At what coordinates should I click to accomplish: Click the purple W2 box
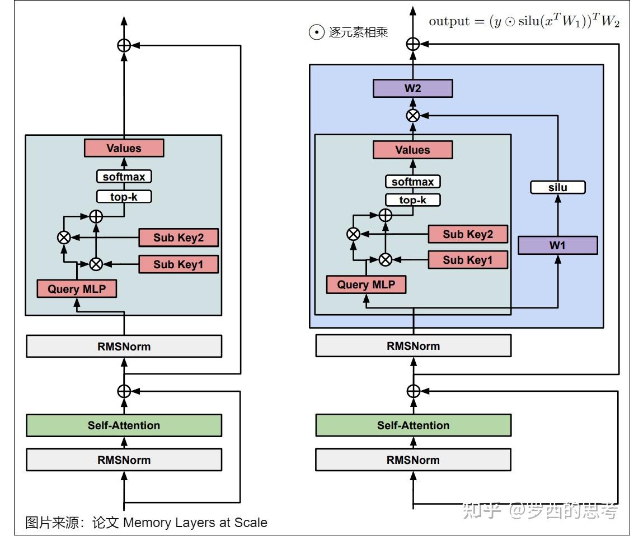pyautogui.click(x=412, y=88)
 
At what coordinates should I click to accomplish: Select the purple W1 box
pyautogui.click(x=557, y=245)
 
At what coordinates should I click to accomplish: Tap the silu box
pyautogui.click(x=557, y=187)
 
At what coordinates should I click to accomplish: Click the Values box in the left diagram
pyautogui.click(x=124, y=148)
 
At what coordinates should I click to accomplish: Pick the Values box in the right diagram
pyautogui.click(x=412, y=150)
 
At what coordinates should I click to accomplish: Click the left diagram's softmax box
pyautogui.click(x=124, y=177)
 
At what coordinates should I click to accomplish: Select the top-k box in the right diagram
pyautogui.click(x=413, y=200)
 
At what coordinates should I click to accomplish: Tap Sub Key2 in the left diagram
pyautogui.click(x=179, y=238)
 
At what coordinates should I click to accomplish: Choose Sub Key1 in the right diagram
pyautogui.click(x=468, y=260)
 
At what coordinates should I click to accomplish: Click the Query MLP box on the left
pyautogui.click(x=77, y=289)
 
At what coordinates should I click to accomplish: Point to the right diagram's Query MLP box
pyautogui.click(x=366, y=284)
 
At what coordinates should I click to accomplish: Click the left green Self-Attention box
pyautogui.click(x=124, y=425)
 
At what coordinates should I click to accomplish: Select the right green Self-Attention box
pyautogui.click(x=413, y=425)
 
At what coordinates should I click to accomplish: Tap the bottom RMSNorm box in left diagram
pyautogui.click(x=124, y=460)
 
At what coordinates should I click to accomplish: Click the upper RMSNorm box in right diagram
pyautogui.click(x=413, y=346)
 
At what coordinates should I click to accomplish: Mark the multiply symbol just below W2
pyautogui.click(x=413, y=116)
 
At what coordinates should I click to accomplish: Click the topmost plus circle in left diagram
pyautogui.click(x=124, y=45)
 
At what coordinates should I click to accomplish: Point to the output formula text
pyautogui.click(x=524, y=21)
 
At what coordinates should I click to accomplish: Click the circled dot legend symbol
pyautogui.click(x=317, y=32)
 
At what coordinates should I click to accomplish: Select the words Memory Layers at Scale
pyautogui.click(x=195, y=523)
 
